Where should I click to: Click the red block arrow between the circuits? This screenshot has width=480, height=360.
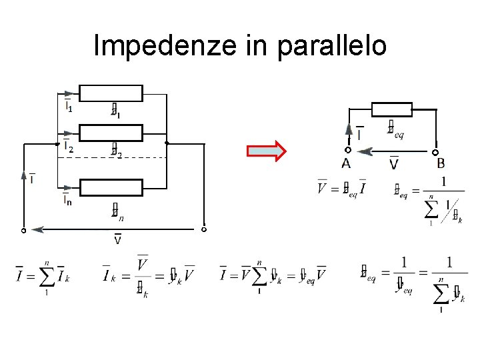pos(266,151)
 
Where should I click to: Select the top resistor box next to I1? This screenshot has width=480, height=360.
pos(111,93)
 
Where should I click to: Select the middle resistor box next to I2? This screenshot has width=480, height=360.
pos(111,133)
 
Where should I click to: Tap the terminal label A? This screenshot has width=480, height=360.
pos(347,164)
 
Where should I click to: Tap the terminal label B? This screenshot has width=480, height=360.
pos(441,164)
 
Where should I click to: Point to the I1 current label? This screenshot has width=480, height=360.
pos(68,106)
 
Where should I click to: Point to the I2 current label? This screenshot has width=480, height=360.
pos(68,146)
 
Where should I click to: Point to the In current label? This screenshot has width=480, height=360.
pos(68,200)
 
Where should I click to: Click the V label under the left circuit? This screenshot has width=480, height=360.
pos(117,239)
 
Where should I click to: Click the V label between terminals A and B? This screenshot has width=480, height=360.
pos(394,163)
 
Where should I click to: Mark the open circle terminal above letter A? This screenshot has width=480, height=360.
pos(347,151)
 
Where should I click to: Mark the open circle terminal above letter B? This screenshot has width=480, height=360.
pos(435,152)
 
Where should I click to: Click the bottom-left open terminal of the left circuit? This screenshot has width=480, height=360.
pos(23,230)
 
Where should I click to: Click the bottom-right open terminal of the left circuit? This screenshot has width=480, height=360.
pos(204,230)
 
